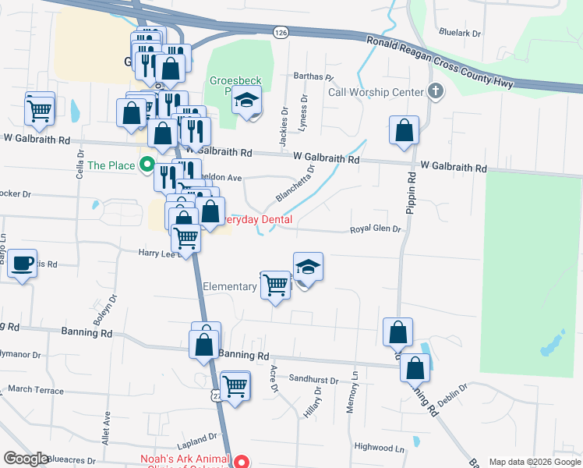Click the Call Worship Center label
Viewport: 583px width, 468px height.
375,92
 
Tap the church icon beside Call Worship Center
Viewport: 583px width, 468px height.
436,92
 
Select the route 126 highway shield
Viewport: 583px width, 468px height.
281,31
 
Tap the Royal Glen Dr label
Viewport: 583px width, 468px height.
375,229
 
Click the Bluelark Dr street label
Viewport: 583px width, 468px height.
461,34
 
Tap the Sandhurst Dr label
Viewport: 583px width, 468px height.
313,380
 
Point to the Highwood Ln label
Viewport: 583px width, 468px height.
380,448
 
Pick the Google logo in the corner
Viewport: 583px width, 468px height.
26,459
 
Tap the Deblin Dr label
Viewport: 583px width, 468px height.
452,392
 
